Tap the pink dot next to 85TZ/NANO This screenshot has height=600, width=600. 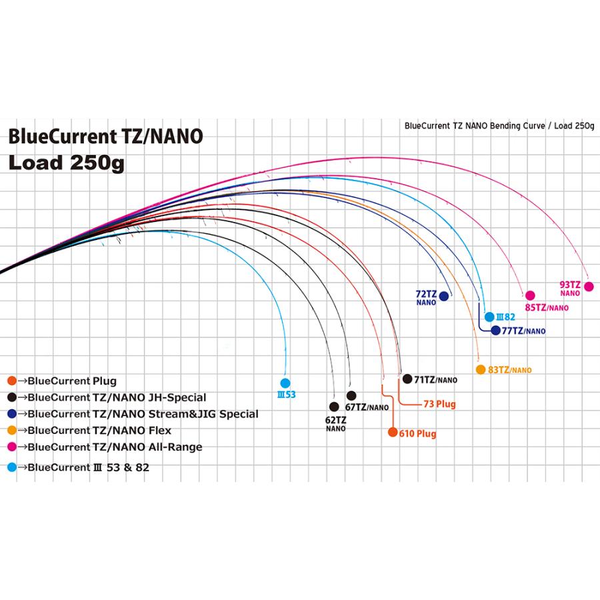click(x=530, y=295)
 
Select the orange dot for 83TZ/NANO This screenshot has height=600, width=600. click(x=480, y=369)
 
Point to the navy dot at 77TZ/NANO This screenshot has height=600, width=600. click(x=495, y=330)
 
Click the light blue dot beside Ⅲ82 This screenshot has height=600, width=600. click(x=489, y=317)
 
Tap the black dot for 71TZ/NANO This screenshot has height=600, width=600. click(x=407, y=379)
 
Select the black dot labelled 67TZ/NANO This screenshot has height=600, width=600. click(x=351, y=395)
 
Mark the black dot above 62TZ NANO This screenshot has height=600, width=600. click(x=334, y=406)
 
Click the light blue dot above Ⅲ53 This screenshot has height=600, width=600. click(x=285, y=383)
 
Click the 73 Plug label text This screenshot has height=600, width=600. click(x=439, y=404)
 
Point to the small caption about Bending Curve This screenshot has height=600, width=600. click(x=499, y=126)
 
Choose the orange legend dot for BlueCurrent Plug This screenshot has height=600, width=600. click(x=11, y=381)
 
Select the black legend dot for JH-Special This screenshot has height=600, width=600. click(x=11, y=397)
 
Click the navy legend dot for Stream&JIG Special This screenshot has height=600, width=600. click(x=11, y=414)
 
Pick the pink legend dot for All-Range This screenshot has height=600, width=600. click(x=11, y=447)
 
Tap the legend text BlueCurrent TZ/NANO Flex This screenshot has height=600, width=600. click(x=99, y=431)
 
